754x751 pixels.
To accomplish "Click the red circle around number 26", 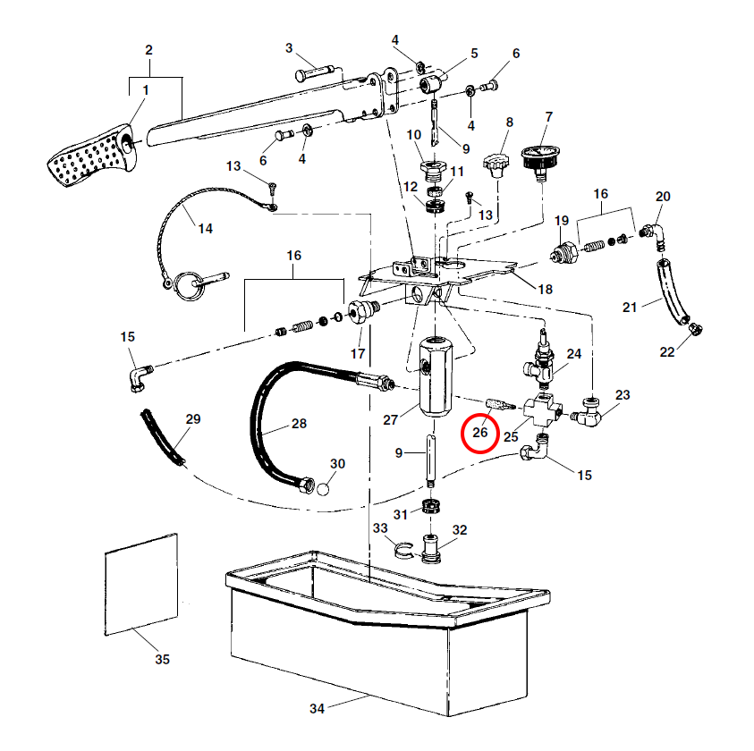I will pyautogui.click(x=480, y=433).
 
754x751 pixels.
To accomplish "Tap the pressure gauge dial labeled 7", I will pyautogui.click(x=538, y=154).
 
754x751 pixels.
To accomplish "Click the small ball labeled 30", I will pyautogui.click(x=323, y=488).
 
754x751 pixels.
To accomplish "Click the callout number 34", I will pyautogui.click(x=317, y=709).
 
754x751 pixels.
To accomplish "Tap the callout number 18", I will pyautogui.click(x=545, y=289).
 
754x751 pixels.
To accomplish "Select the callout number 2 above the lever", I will pyautogui.click(x=148, y=50).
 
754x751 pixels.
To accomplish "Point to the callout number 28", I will pyautogui.click(x=299, y=423).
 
